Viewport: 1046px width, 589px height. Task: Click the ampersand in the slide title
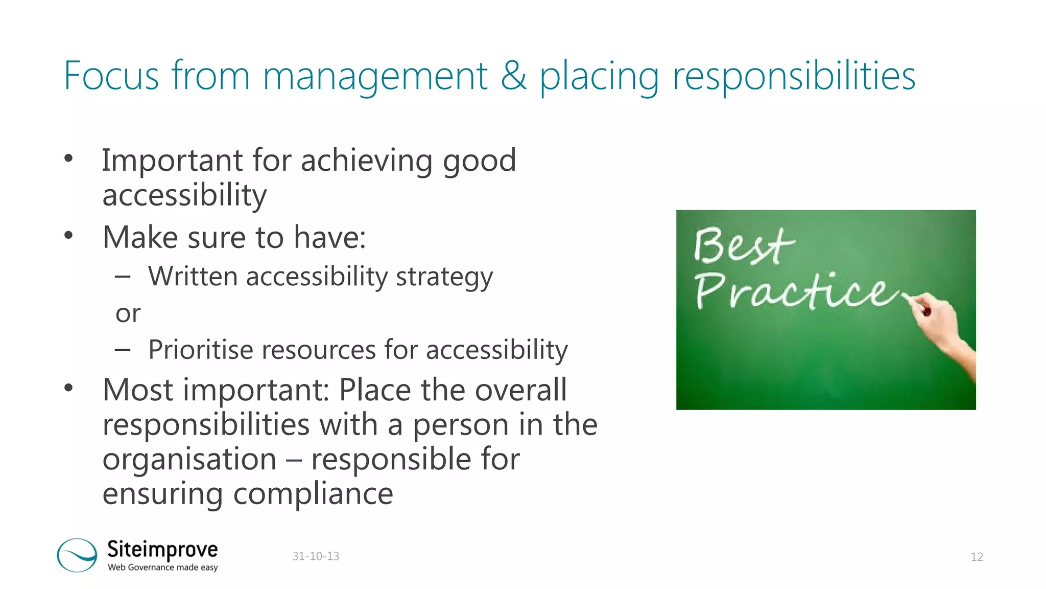[x=513, y=76]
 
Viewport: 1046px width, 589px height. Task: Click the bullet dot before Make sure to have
[x=69, y=236]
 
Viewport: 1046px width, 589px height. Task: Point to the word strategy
[x=444, y=277]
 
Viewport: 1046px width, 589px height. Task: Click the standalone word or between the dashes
[x=128, y=313]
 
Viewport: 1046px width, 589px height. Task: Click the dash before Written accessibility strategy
[x=123, y=277]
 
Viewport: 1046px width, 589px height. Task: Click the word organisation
[x=189, y=459]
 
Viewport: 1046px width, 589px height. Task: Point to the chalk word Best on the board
[x=743, y=246]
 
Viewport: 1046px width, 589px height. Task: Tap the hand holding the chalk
[x=942, y=327]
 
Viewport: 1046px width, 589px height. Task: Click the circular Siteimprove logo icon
[x=77, y=555]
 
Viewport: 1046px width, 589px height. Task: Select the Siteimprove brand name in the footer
[x=162, y=550]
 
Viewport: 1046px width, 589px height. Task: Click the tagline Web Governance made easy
[x=162, y=567]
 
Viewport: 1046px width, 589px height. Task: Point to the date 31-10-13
[x=316, y=556]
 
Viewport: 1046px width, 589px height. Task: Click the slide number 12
[x=977, y=557]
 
